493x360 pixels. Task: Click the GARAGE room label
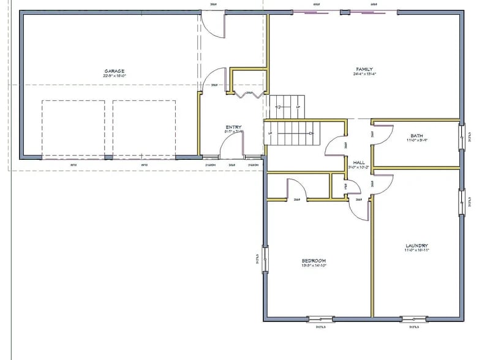pyautogui.click(x=115, y=71)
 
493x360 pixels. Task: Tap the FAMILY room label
pyautogui.click(x=364, y=69)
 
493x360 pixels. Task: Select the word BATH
pyautogui.click(x=416, y=136)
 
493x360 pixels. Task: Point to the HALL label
pyautogui.click(x=359, y=162)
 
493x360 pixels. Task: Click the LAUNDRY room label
pyautogui.click(x=416, y=246)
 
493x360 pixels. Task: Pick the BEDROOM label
pyautogui.click(x=313, y=261)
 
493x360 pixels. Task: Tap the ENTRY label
pyautogui.click(x=233, y=127)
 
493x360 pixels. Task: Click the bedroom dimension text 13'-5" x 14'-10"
pyautogui.click(x=313, y=266)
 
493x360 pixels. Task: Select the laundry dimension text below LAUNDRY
pyautogui.click(x=416, y=250)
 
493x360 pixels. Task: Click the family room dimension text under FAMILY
pyautogui.click(x=364, y=75)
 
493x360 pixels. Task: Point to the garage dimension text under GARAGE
pyautogui.click(x=115, y=77)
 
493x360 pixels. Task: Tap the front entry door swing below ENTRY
pyautogui.click(x=231, y=147)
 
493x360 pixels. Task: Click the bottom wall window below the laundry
pyautogui.click(x=414, y=318)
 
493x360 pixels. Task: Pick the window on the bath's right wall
pyautogui.click(x=461, y=137)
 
